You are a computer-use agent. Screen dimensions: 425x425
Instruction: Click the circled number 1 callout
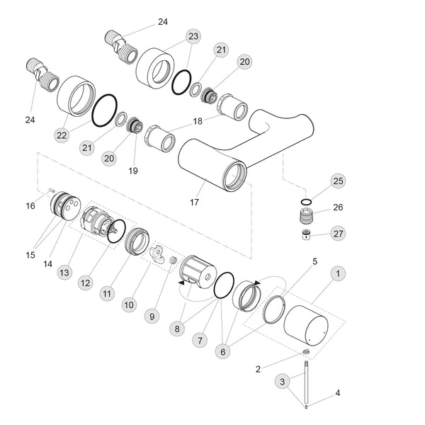click(339, 272)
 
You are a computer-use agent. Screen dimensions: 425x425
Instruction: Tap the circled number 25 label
click(339, 181)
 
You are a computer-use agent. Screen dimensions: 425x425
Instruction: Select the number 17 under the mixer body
click(194, 203)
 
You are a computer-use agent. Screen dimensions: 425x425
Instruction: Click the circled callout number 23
click(193, 35)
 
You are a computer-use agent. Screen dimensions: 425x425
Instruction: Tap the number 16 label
click(30, 206)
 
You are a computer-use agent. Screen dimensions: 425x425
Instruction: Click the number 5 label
click(315, 261)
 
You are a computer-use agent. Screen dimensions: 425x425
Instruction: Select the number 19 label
click(133, 171)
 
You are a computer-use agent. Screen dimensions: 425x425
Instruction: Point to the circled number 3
click(283, 382)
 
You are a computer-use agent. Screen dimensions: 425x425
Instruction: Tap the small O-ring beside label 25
click(305, 202)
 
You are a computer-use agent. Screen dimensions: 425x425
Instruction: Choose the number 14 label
click(47, 263)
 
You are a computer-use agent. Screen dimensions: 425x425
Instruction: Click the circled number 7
click(200, 341)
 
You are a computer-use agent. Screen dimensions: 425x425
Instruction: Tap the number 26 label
click(338, 208)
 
